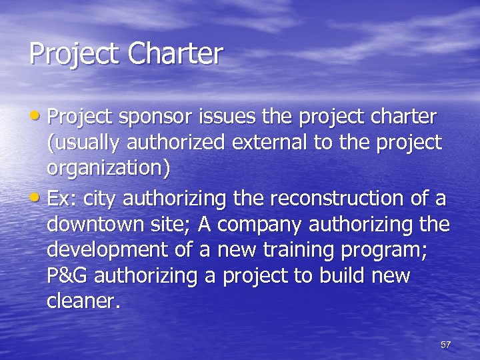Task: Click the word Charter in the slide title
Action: [175, 54]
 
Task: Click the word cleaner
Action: [82, 301]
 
